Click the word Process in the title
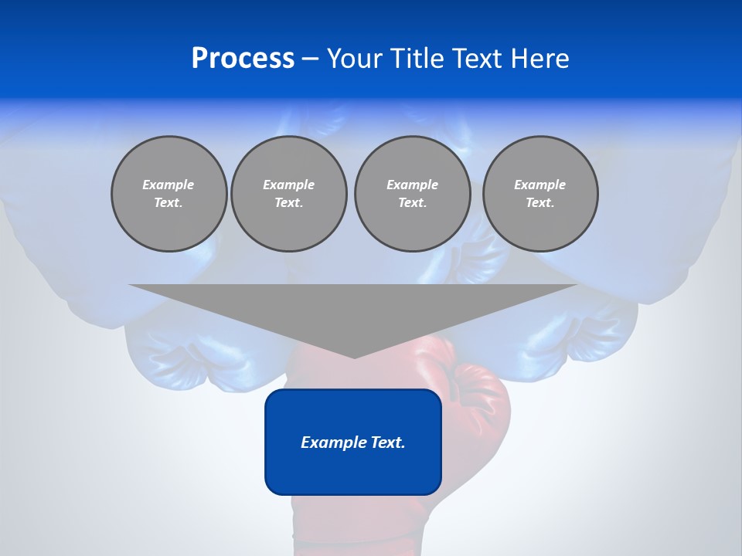pos(243,59)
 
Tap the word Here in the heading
pos(539,59)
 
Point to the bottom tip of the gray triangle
pos(354,358)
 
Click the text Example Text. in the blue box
pos(353,442)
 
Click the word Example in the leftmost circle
pos(168,185)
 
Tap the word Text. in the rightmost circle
pos(540,202)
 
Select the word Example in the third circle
pos(412,185)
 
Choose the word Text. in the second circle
pos(288,202)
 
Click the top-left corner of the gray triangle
pos(130,285)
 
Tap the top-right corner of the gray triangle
pos(577,285)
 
